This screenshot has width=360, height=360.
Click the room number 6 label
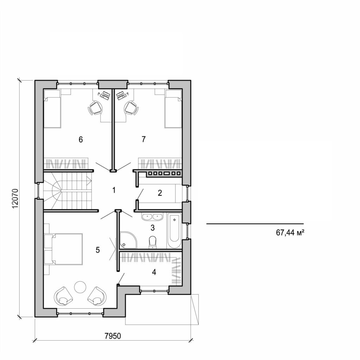(81, 140)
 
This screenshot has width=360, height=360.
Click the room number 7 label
(143, 139)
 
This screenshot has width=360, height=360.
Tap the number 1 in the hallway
(114, 190)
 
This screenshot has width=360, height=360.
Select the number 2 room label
(160, 193)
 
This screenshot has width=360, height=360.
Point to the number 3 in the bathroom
(152, 227)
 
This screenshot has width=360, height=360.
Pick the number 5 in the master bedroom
(98, 250)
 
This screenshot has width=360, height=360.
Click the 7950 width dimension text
(113, 336)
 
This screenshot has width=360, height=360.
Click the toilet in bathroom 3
(153, 242)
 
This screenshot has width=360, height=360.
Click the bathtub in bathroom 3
(174, 230)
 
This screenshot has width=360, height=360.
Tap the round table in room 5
(80, 287)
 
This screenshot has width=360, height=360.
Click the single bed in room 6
(52, 109)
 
